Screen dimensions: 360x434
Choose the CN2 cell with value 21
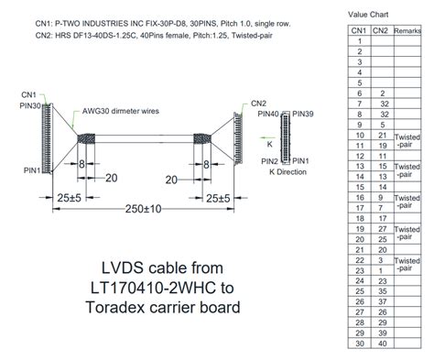pyautogui.click(x=383, y=135)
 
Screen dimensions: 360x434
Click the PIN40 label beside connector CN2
pyautogui.click(x=267, y=115)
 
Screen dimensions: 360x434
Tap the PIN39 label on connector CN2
pyautogui.click(x=304, y=115)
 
